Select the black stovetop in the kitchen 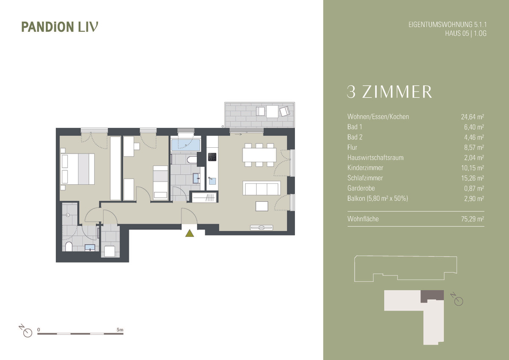212,157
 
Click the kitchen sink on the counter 212,180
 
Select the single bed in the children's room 160,182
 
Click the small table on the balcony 271,111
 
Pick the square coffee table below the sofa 262,206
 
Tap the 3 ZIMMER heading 389,92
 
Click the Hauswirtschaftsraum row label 375,157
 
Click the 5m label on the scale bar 120,329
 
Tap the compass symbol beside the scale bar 26,332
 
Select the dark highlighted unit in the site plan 432,295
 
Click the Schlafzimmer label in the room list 365,178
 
